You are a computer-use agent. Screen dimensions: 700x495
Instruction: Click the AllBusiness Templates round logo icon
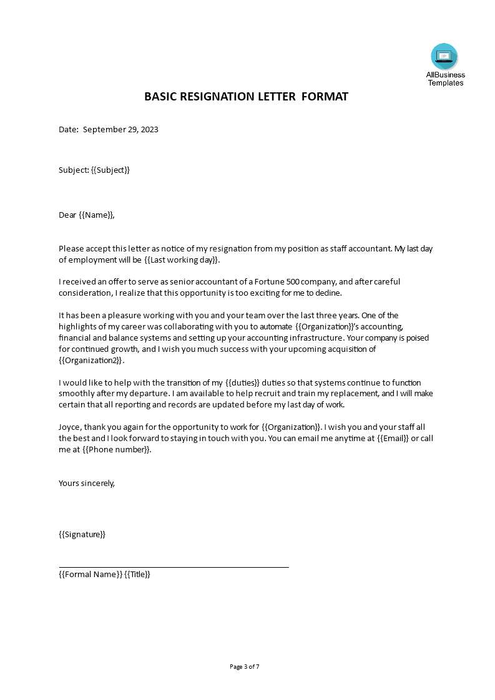tap(444, 57)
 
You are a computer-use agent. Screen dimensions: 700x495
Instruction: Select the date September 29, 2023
tap(120, 130)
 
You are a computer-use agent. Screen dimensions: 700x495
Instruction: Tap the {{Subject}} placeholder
tap(110, 170)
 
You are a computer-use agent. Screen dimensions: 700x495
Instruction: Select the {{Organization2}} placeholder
tap(91, 361)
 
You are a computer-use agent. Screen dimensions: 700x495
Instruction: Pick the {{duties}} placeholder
tap(242, 382)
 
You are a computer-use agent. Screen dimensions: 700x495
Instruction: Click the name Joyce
tap(71, 427)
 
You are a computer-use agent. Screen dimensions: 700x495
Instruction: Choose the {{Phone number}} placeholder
tap(116, 450)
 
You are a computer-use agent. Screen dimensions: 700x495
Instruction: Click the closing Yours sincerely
tap(87, 483)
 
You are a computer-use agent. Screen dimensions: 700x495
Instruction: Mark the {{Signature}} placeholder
tap(82, 534)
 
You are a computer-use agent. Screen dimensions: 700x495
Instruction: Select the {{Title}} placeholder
tap(137, 575)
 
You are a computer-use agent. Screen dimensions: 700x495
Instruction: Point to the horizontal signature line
tap(174, 567)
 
